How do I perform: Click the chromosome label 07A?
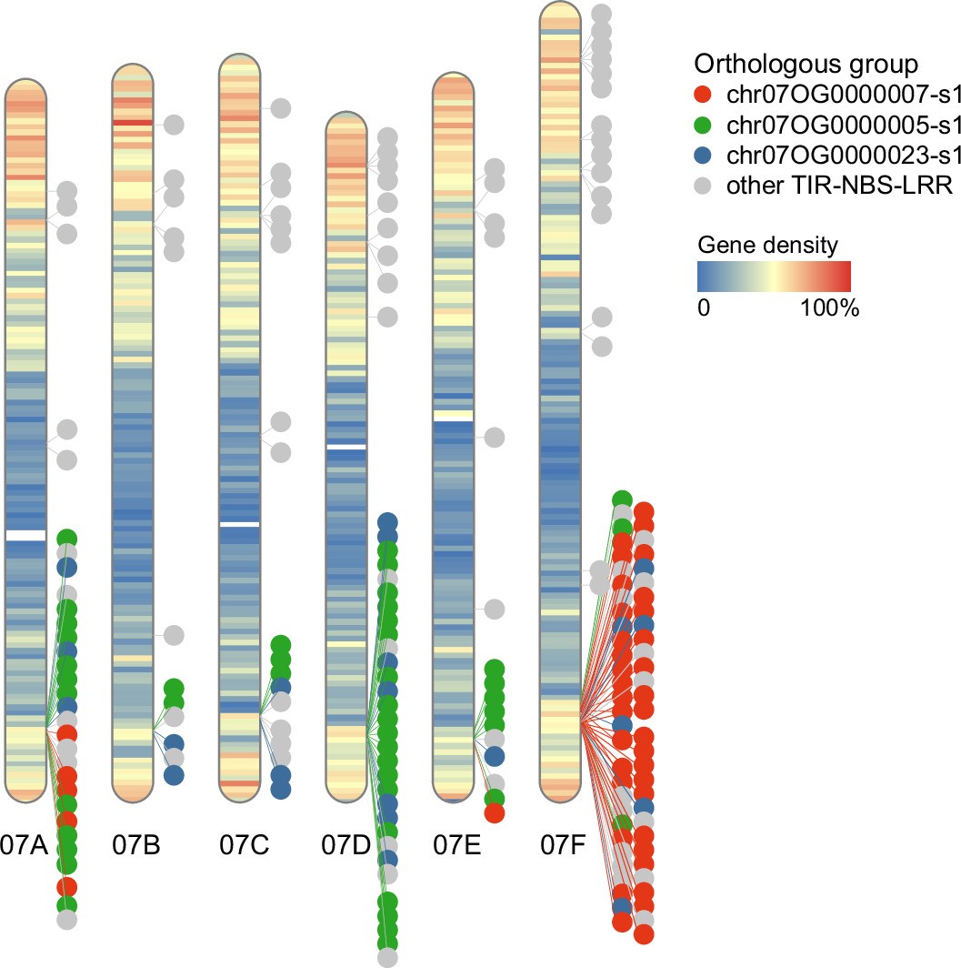[24, 846]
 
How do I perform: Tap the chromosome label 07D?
[345, 846]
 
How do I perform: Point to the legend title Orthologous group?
[805, 64]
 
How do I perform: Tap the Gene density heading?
[767, 246]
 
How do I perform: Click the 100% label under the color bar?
[829, 308]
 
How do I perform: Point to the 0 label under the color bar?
[703, 308]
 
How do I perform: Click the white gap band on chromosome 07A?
[25, 536]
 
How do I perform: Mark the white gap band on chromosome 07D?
[345, 447]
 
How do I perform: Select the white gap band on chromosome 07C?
[240, 525]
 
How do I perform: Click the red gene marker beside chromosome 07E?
[495, 812]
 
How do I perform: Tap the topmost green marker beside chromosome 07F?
[622, 499]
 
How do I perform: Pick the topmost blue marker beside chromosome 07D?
[387, 522]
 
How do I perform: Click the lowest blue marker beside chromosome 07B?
[174, 774]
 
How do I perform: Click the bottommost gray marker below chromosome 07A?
[66, 920]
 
